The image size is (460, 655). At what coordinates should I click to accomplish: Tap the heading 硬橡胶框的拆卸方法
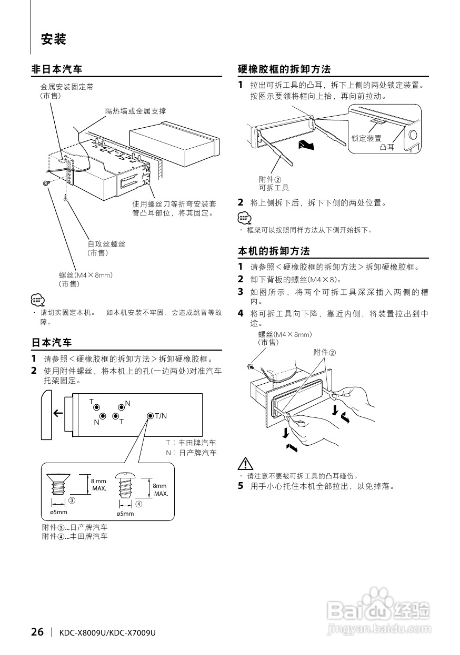point(284,69)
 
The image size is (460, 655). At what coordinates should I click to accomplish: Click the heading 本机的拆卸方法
point(274,251)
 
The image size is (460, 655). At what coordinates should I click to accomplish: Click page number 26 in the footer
point(37,632)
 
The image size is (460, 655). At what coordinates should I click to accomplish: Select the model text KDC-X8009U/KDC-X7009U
point(108,633)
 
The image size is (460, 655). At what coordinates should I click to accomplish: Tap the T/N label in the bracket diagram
point(160,416)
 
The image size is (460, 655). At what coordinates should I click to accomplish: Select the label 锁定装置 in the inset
point(366,138)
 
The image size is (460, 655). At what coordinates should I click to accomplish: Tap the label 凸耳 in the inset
point(387,147)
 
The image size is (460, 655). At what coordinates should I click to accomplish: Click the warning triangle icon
point(245,464)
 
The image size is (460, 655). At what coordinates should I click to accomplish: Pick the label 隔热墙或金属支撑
point(135,111)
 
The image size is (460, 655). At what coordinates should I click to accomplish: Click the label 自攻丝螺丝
point(106,244)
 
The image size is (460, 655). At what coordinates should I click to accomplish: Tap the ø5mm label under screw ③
point(58,512)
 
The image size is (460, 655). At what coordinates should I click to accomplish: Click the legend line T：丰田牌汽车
point(191,443)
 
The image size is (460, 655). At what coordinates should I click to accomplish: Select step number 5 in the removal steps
point(241,486)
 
